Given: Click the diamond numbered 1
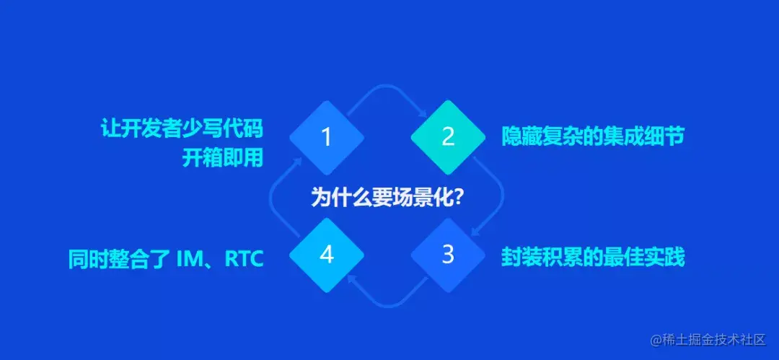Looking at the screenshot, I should (x=326, y=137).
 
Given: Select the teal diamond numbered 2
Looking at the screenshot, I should (x=448, y=137).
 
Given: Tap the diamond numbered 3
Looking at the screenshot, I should (x=448, y=255).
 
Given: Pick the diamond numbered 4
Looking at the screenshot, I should (x=326, y=255).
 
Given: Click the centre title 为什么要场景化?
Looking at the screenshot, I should (x=387, y=197).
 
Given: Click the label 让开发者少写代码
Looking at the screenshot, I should (x=182, y=130).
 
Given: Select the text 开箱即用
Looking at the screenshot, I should (x=222, y=158).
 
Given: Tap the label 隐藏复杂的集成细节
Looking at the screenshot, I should (x=592, y=136).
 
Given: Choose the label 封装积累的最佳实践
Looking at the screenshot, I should (x=592, y=256).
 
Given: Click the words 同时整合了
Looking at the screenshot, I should (x=119, y=257).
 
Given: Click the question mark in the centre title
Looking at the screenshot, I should (x=459, y=197).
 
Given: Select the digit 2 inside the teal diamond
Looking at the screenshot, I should (x=448, y=137).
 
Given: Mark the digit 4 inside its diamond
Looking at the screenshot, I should (x=326, y=255).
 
